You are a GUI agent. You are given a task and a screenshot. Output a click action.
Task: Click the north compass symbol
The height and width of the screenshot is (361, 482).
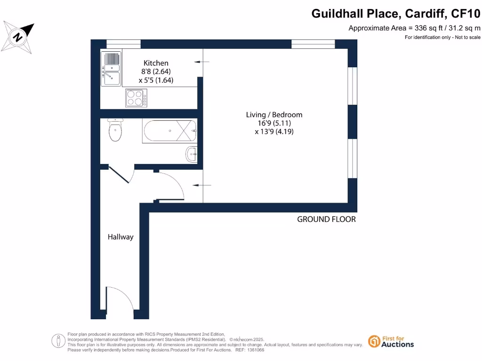pos(18,36)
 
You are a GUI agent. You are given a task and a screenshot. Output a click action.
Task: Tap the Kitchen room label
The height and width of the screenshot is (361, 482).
pos(156,63)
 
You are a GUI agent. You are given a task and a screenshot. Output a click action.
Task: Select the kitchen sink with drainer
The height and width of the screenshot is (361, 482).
pos(112,69)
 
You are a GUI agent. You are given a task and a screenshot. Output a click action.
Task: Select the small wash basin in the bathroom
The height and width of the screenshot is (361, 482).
pos(192,154)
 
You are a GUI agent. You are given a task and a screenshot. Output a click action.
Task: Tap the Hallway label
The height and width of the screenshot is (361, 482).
pos(120,237)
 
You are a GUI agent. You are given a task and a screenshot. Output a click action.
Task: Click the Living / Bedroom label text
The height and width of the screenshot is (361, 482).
pos(274,115)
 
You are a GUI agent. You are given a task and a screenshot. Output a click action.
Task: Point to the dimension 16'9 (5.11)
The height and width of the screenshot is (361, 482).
pos(274,123)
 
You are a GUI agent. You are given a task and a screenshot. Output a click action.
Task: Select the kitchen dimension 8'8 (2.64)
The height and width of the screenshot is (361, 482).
pos(156,71)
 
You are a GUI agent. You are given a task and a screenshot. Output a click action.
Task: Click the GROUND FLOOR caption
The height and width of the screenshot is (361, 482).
pos(326,220)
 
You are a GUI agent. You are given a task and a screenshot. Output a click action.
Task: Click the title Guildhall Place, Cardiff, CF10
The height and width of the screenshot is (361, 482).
pos(396,14)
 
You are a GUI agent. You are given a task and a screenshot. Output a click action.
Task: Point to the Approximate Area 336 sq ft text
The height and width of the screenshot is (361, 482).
pos(414,28)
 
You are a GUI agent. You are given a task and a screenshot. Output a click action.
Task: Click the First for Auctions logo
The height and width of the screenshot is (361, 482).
pos(391,341)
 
